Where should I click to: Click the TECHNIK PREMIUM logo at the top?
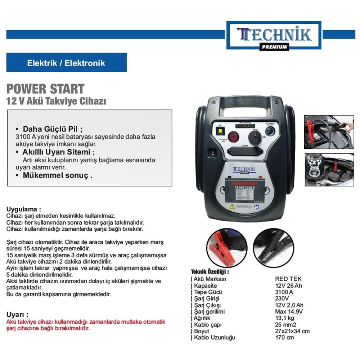[x=274, y=35]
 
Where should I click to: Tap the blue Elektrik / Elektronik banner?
[x=66, y=63]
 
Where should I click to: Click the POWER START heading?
[x=45, y=89]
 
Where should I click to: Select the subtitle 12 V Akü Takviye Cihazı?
[x=56, y=101]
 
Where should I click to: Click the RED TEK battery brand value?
[x=288, y=279]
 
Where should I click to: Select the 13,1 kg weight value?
[x=284, y=318]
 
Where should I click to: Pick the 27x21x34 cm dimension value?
[x=292, y=331]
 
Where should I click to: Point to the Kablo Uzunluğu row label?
[x=214, y=338]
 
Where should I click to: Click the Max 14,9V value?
[x=289, y=312]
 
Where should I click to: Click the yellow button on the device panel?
[x=220, y=132]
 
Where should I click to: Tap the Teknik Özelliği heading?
[x=210, y=272]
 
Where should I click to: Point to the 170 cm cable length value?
[x=284, y=338]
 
